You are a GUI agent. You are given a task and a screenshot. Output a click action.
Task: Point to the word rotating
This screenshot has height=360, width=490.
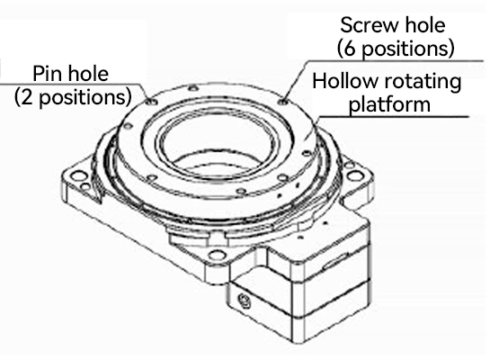coord(423,82)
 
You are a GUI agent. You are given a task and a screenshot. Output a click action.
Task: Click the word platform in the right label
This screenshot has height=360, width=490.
coord(389,104)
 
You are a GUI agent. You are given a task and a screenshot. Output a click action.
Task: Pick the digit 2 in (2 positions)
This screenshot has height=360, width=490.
coord(27,97)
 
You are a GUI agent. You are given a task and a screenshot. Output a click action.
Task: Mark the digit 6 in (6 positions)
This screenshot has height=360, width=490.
coord(351,49)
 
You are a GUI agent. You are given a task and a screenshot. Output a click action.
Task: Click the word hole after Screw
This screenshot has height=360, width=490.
coord(425,25)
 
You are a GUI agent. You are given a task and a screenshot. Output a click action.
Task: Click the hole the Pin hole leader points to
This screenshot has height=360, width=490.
coord(153,102)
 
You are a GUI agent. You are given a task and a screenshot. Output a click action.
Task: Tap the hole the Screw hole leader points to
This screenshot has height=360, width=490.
coord(283,102)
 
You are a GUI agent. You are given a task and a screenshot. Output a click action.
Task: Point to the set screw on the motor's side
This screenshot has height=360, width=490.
coord(245,301)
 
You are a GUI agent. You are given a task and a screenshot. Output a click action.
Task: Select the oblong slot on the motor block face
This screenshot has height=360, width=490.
coord(335,262)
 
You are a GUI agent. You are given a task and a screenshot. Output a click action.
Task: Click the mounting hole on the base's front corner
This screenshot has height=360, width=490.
coord(218,255)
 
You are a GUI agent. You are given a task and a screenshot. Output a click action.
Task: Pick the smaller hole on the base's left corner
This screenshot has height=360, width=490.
coord(85,187)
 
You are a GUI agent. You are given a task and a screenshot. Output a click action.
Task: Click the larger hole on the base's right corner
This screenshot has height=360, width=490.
coord(356,175)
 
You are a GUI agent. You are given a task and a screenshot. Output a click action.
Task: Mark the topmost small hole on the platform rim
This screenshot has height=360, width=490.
coord(193,88)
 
